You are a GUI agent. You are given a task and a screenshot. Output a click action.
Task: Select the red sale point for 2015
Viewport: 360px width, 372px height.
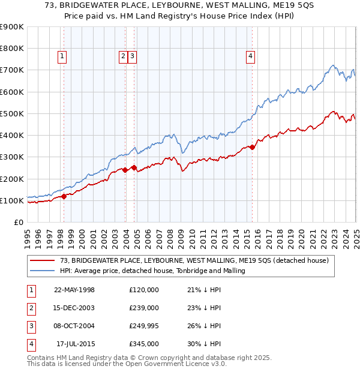(253, 146)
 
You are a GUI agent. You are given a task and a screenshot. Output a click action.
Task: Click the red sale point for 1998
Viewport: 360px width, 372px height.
(64, 196)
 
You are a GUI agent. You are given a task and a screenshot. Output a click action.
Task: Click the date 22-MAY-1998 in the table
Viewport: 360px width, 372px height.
(74, 290)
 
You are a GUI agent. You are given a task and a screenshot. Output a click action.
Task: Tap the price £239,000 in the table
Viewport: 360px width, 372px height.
(144, 308)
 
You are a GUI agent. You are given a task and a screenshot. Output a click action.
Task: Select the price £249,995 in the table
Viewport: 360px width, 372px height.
(144, 326)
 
